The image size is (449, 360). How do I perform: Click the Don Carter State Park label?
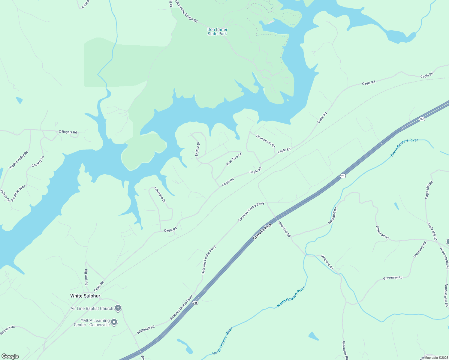coord(217,31)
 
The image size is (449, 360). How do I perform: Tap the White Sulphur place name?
coord(85,296)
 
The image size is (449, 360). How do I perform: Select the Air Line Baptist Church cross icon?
coord(118,308)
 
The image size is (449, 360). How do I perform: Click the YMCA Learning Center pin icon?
coord(114,322)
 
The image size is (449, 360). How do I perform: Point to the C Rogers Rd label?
coord(68,132)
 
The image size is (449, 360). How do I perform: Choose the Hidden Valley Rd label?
coord(18,160)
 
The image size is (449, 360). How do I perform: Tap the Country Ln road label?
coord(38,161)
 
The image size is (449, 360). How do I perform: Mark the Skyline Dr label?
coord(197,149)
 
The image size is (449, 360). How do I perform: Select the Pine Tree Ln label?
coord(234,159)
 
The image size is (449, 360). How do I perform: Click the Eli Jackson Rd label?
coord(265,141)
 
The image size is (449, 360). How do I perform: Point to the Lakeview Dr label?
coord(160,195)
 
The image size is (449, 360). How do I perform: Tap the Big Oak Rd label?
coord(86,277)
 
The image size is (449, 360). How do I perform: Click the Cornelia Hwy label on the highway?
coord(262,231)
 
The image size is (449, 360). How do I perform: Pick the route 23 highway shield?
coord(343,176)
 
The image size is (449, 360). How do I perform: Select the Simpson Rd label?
coord(327,262)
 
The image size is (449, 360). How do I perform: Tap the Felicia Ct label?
coord(5,195)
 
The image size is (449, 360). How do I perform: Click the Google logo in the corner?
coord(10,356)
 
